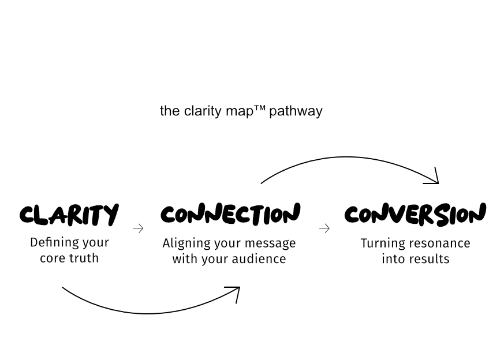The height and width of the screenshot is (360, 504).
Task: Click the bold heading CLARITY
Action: [x=69, y=215]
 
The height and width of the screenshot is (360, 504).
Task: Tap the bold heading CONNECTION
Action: [x=230, y=214]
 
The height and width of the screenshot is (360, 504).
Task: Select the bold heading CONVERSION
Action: [x=415, y=215]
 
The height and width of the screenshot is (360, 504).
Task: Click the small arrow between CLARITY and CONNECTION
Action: [x=138, y=228]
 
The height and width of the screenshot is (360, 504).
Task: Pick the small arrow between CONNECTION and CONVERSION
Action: [x=324, y=228]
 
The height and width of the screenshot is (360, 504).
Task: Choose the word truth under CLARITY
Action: [x=85, y=258]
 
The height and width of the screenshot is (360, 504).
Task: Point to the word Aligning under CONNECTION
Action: [x=185, y=243]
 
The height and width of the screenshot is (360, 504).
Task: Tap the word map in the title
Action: [x=240, y=111]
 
